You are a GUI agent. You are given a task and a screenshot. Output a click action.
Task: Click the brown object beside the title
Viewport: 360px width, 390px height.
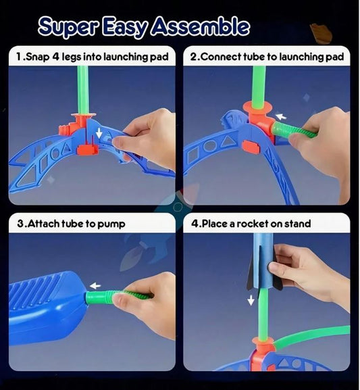tap(321, 33)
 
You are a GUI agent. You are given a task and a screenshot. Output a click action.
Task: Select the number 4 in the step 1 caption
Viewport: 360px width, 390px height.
tap(55, 57)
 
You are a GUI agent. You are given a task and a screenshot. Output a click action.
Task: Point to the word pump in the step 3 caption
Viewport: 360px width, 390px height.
tap(111, 224)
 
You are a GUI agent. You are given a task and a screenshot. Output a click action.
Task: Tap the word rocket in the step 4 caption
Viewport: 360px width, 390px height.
tap(252, 224)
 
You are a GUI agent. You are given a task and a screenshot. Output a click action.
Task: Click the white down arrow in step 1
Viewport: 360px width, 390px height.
tap(99, 133)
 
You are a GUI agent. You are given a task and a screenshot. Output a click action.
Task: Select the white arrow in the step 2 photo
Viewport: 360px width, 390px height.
tap(281, 116)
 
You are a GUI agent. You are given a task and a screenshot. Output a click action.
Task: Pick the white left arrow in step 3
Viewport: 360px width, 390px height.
tap(95, 286)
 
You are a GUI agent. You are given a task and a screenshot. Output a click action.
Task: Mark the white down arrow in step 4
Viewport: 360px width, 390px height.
tap(251, 300)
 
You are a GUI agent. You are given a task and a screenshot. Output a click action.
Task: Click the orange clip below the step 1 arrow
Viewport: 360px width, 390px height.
tap(88, 149)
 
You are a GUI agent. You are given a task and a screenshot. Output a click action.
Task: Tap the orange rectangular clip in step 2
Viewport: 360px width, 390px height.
tap(251, 147)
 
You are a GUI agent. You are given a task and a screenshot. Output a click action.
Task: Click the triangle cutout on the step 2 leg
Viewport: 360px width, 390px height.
tap(227, 141)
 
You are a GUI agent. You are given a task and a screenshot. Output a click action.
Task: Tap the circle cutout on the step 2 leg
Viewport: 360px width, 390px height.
tap(210, 147)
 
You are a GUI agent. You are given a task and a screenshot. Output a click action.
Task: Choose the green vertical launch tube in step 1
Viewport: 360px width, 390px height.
tap(83, 90)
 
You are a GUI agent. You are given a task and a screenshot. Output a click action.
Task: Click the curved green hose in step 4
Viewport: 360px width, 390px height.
tap(311, 333)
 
